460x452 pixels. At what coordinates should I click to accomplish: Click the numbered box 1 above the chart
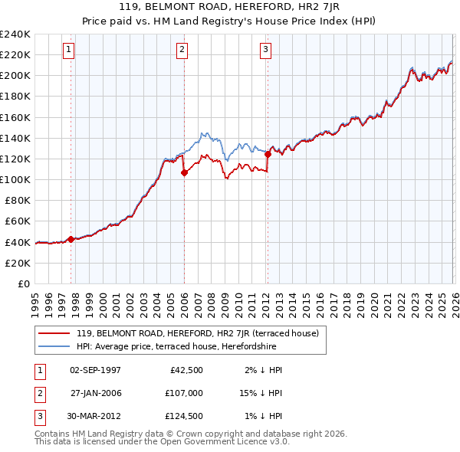(68, 51)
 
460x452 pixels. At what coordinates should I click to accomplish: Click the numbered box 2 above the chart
(182, 51)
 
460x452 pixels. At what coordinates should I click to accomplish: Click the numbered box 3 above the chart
(265, 51)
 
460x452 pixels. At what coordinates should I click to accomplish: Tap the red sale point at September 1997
(71, 239)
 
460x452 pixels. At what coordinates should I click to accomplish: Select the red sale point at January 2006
(184, 172)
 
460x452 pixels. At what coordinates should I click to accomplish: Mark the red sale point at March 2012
(268, 154)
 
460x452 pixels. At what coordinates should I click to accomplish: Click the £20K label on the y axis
(17, 263)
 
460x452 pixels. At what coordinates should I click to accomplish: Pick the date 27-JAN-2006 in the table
(95, 394)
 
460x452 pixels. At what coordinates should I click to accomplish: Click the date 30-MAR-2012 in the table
(95, 417)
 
